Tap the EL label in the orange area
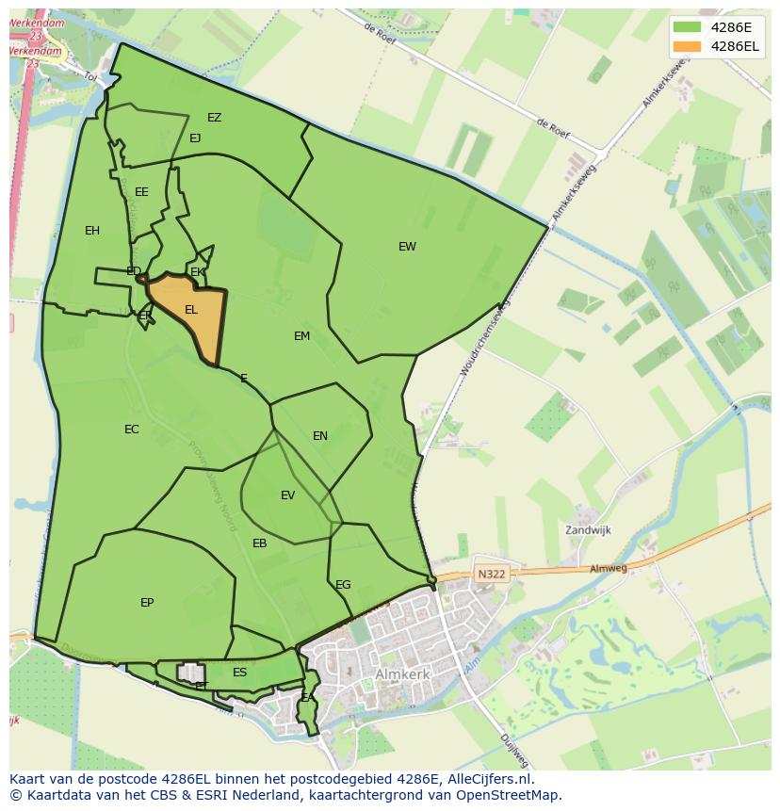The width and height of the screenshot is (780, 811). [x=191, y=310]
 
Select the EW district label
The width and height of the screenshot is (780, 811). [x=407, y=247]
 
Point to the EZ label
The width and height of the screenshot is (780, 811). [x=215, y=118]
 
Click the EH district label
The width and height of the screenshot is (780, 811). [x=92, y=231]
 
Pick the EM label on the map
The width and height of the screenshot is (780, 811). [x=301, y=336]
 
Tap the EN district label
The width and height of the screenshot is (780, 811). [x=320, y=436]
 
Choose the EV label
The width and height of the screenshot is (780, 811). [x=288, y=495]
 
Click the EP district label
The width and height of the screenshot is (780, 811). [x=147, y=603]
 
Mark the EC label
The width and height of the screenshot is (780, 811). [x=132, y=430]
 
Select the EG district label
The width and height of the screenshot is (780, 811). [x=343, y=585]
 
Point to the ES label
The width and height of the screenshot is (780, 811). [x=240, y=673]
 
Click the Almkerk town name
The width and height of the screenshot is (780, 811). [x=402, y=674]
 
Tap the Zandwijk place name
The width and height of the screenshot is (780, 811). [x=588, y=530]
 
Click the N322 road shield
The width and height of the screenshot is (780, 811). [x=491, y=574]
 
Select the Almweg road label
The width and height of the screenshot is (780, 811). [x=608, y=569]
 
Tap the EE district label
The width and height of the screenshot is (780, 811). [x=141, y=192]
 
